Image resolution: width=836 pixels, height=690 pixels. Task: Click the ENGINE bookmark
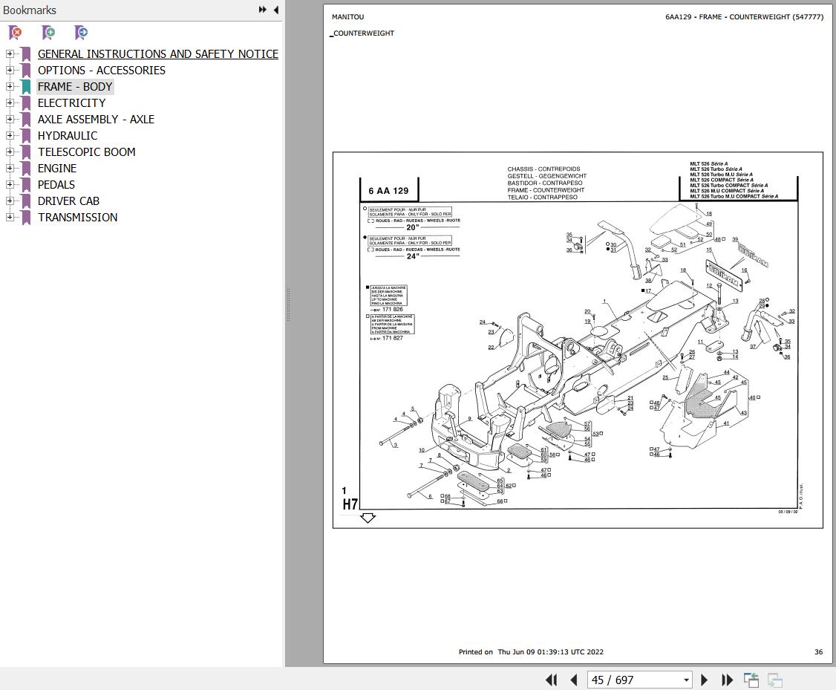tap(57, 169)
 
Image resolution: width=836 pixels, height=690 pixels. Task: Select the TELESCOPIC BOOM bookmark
tap(86, 152)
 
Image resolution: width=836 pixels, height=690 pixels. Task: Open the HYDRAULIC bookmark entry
tap(68, 136)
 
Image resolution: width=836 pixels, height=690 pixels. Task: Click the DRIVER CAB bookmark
tap(68, 201)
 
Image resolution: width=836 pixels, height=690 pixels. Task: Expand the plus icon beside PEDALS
tap(10, 184)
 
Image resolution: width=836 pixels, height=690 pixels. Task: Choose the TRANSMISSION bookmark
tap(77, 218)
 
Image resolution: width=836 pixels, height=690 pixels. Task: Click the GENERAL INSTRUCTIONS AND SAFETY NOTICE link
tap(157, 54)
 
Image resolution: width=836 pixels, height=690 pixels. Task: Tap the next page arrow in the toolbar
tap(705, 680)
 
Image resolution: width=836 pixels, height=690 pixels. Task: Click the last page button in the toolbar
tap(728, 680)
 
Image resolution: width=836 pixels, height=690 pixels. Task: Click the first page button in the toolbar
tap(551, 680)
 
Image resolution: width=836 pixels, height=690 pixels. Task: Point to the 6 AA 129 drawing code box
tap(388, 191)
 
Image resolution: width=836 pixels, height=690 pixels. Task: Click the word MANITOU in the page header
tap(347, 17)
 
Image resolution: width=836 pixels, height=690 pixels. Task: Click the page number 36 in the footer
tap(818, 652)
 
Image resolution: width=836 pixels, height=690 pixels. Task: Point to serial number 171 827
tap(392, 338)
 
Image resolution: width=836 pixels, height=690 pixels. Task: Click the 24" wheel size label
tap(412, 256)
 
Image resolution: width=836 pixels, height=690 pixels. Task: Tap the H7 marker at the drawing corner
tap(350, 504)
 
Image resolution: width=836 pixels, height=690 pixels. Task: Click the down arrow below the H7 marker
tap(368, 518)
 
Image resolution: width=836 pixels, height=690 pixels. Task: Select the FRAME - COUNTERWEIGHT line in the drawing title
tap(546, 190)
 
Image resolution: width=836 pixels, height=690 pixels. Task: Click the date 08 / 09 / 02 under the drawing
tap(788, 512)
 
